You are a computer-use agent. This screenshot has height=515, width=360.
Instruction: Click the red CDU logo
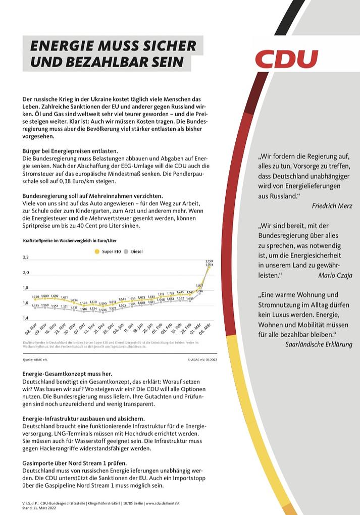point(286,59)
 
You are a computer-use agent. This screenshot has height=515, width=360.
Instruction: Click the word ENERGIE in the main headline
point(59,46)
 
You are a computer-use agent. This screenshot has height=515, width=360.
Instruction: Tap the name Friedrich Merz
point(332,206)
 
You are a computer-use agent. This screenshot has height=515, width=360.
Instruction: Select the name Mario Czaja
point(335,275)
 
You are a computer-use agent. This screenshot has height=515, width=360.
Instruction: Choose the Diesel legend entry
point(134,251)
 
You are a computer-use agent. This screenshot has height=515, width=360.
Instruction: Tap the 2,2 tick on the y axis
point(26,257)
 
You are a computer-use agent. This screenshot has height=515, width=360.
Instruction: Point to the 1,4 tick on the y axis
point(26,318)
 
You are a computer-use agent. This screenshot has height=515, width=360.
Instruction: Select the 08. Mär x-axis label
point(205,330)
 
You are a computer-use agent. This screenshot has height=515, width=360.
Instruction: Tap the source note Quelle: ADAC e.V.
point(34,360)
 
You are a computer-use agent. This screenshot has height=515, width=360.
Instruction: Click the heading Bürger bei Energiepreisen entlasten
point(70,151)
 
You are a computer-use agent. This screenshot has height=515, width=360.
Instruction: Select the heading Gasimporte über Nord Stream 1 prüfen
point(75,462)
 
